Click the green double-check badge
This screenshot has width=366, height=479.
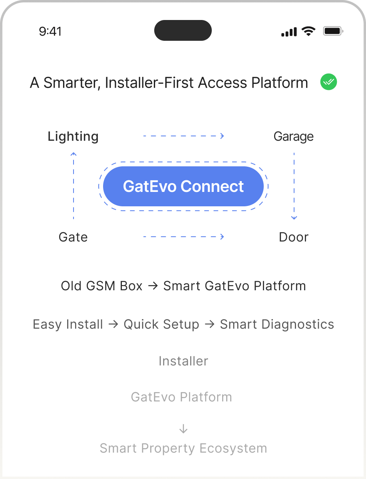pos(329,82)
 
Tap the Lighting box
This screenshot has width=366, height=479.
pos(73,136)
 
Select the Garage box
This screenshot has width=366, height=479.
pos(294,136)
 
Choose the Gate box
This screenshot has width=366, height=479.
pos(73,237)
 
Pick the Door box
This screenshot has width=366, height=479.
pos(294,237)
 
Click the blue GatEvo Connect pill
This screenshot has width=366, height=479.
pos(183,186)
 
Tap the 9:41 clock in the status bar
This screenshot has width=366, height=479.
pos(50,32)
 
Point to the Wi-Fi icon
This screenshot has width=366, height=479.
pos(308,31)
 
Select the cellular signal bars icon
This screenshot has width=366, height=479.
pos(289,32)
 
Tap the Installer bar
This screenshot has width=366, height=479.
pos(183,361)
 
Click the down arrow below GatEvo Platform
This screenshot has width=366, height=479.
pos(183,429)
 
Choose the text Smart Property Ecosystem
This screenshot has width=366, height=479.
pos(183,448)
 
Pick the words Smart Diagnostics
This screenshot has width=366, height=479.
pos(277,324)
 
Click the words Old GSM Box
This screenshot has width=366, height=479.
pos(101,286)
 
